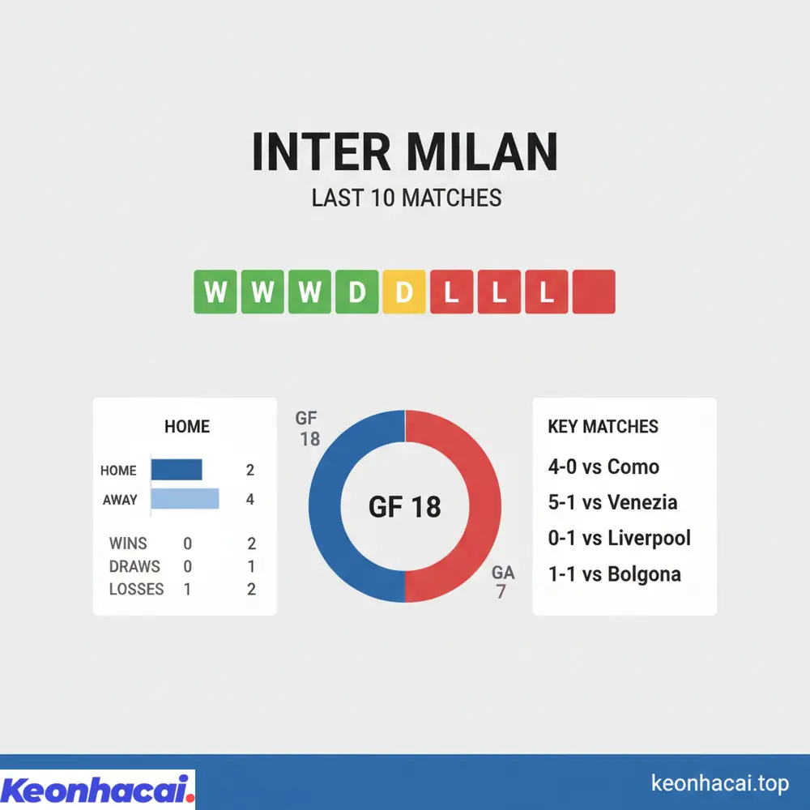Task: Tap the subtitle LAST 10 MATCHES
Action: pyautogui.click(x=406, y=198)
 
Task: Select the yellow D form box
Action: pyautogui.click(x=403, y=292)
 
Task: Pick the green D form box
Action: pyautogui.click(x=356, y=292)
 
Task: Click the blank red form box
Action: pyautogui.click(x=594, y=292)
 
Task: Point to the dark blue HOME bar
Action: pyautogui.click(x=177, y=470)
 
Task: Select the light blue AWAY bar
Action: pyautogui.click(x=185, y=499)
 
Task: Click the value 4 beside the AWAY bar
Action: pyautogui.click(x=250, y=500)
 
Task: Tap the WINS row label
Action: pyautogui.click(x=128, y=544)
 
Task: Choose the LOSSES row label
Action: pyautogui.click(x=136, y=589)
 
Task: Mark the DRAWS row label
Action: pyautogui.click(x=134, y=566)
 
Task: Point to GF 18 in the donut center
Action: pyautogui.click(x=405, y=507)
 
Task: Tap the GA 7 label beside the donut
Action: pyautogui.click(x=503, y=582)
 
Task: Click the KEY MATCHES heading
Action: pyautogui.click(x=603, y=427)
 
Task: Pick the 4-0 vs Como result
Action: pyautogui.click(x=603, y=467)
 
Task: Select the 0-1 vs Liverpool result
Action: pyautogui.click(x=619, y=538)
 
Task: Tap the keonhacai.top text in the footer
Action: pyautogui.click(x=720, y=783)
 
